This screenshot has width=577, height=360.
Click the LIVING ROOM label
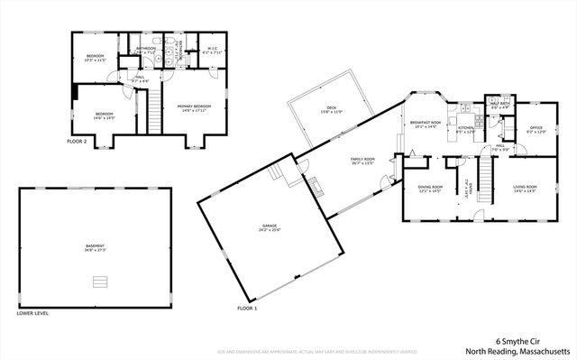pyautogui.click(x=525, y=188)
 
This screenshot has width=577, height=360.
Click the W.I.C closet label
pyautogui.click(x=213, y=51)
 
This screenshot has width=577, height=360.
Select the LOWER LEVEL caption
pyautogui.click(x=32, y=313)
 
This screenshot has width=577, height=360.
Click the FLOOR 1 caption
pyautogui.click(x=247, y=309)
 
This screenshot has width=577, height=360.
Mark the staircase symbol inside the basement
pyautogui.click(x=95, y=282)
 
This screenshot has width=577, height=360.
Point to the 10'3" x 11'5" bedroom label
pyautogui.click(x=96, y=59)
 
